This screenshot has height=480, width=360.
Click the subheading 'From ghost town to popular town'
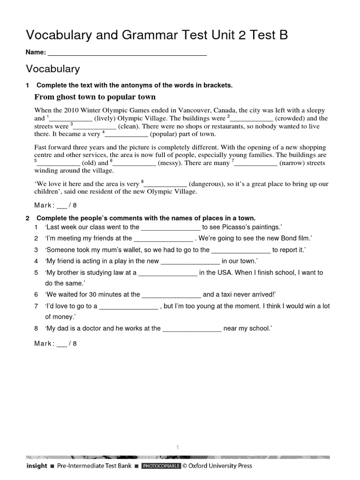coord(95,97)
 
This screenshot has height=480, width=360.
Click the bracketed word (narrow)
coord(292,163)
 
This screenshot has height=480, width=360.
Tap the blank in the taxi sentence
coord(171,295)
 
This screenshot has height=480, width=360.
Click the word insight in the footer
coord(37,466)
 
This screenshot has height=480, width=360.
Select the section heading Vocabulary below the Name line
coord(53,69)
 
